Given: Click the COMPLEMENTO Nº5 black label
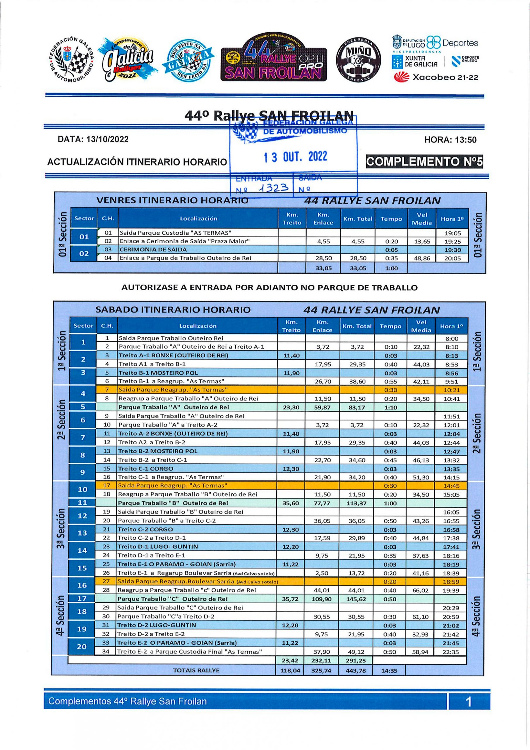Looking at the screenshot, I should [x=424, y=162].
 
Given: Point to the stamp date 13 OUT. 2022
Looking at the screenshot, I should [x=295, y=157].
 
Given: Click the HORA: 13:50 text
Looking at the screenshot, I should [x=450, y=140].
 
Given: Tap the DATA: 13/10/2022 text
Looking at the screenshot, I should [x=93, y=139].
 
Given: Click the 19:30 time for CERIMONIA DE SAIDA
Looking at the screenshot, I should [x=452, y=250].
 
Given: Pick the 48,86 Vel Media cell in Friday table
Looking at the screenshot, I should [x=422, y=258].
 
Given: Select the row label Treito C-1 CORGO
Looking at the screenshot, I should [x=146, y=469].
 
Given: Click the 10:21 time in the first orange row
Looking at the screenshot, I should [x=451, y=390].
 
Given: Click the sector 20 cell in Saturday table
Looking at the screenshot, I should [x=82, y=647].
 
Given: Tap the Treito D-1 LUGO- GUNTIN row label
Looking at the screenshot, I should [x=158, y=547].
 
